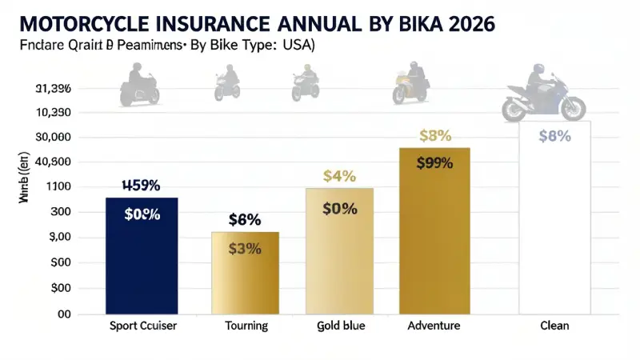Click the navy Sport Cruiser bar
coord(142,256)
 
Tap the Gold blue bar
coord(339,251)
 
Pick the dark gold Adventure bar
coord(434,232)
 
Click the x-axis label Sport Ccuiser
coord(142,326)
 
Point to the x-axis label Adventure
coord(434,326)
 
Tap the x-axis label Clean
coord(554,326)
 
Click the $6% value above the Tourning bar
coord(245,219)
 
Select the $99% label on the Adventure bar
coord(434,163)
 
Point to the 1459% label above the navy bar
coord(141,186)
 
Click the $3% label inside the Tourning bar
coord(245,249)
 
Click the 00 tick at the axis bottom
coord(61,314)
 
